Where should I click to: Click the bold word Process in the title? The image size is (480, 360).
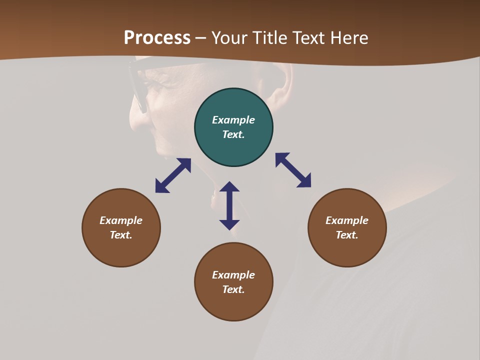pyautogui.click(x=157, y=38)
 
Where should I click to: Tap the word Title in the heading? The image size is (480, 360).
pyautogui.click(x=269, y=38)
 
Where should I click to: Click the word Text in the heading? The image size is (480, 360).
pyautogui.click(x=308, y=38)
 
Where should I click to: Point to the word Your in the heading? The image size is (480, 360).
pyautogui.click(x=230, y=38)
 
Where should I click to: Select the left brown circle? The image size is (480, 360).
pyautogui.click(x=121, y=250)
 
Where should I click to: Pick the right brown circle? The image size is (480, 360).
pyautogui.click(x=347, y=250)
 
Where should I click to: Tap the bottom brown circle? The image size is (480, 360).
pyautogui.click(x=233, y=305)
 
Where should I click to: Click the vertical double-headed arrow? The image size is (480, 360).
pyautogui.click(x=229, y=205)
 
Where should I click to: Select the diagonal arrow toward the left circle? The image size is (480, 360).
pyautogui.click(x=173, y=175)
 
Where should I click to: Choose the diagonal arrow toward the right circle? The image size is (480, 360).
pyautogui.click(x=293, y=170)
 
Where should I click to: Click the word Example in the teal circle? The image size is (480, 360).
pyautogui.click(x=233, y=120)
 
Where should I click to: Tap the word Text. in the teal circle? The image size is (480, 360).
pyautogui.click(x=233, y=134)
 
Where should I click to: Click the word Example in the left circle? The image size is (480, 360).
pyautogui.click(x=121, y=220)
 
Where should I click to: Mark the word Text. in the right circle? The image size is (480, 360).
pyautogui.click(x=347, y=235)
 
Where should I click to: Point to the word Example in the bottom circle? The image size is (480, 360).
pyautogui.click(x=233, y=275)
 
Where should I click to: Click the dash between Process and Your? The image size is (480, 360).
pyautogui.click(x=201, y=38)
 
